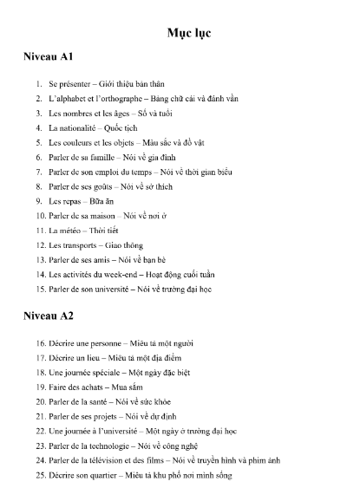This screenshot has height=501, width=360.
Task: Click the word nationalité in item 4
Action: (x=78, y=127)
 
